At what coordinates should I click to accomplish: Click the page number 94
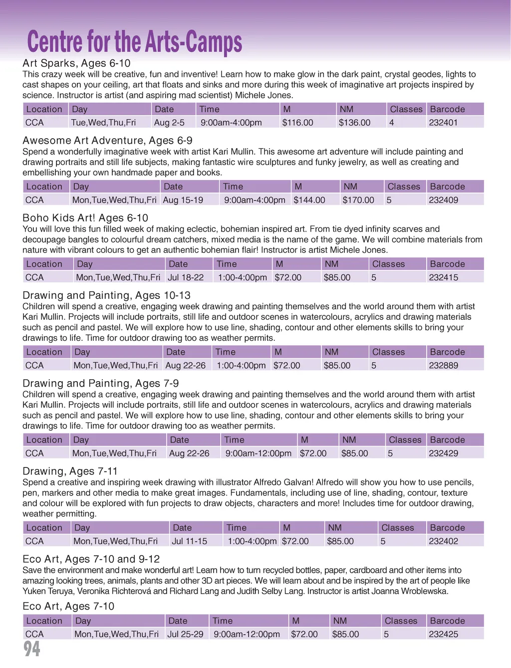point(32,649)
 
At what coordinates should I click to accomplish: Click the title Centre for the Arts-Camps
point(134,42)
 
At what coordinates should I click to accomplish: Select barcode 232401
point(443,123)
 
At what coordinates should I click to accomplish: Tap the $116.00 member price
point(297,123)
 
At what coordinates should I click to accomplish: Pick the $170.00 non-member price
point(358,200)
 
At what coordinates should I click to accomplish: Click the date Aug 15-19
point(183,200)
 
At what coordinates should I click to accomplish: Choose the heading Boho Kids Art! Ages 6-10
point(85,218)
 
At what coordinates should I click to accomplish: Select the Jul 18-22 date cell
point(186,277)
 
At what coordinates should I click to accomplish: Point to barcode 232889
point(443,366)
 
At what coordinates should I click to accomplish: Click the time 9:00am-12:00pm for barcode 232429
point(258,453)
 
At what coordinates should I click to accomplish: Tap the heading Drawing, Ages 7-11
point(70,471)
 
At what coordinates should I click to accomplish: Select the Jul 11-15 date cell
point(189,541)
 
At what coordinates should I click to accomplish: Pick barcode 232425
point(443,635)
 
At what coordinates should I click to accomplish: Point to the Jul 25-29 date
point(185,635)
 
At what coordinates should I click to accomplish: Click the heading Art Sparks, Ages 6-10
point(76,63)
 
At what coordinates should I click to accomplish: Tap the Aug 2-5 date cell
point(169,123)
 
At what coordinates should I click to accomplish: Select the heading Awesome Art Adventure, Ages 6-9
point(107,141)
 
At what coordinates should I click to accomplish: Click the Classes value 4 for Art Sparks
point(392,123)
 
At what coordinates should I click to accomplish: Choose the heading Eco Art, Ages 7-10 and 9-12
point(91,559)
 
